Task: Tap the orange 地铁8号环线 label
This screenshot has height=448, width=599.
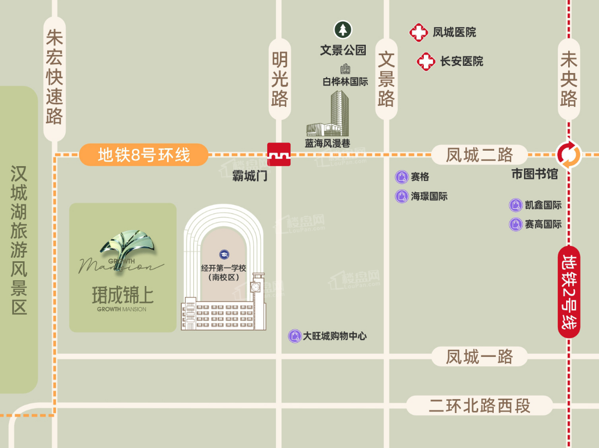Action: [x=144, y=154]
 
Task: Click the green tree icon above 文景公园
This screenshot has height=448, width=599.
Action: [x=343, y=30]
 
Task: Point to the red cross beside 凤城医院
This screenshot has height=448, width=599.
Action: [x=418, y=33]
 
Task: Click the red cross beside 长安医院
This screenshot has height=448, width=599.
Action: [x=426, y=62]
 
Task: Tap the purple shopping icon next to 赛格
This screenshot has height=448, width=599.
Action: [x=401, y=177]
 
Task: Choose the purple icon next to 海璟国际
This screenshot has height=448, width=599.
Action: [x=401, y=196]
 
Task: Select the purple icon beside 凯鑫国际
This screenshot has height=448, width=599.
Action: [x=515, y=205]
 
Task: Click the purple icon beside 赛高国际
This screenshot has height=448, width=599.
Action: [x=515, y=224]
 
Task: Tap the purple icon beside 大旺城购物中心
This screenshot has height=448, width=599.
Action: [x=294, y=336]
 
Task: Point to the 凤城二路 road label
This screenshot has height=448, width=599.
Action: [x=479, y=154]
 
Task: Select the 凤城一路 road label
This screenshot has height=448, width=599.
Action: [x=479, y=356]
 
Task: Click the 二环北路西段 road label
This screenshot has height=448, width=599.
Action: [x=479, y=405]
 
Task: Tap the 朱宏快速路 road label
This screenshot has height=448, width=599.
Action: [x=54, y=77]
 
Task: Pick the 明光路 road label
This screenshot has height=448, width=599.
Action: [x=280, y=80]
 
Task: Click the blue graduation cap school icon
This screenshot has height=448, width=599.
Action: [x=224, y=254]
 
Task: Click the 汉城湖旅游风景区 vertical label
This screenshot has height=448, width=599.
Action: [x=19, y=240]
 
